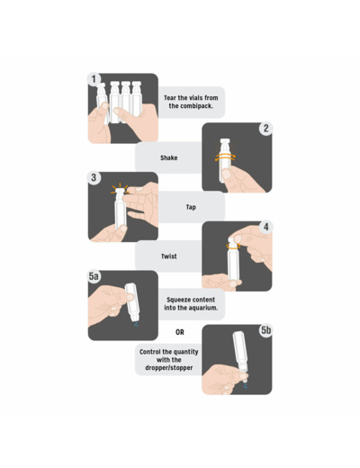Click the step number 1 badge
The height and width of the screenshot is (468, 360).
click(x=94, y=79)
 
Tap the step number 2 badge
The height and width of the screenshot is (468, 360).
click(x=265, y=129)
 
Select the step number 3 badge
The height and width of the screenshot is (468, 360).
click(x=94, y=177)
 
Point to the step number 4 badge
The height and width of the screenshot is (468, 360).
click(x=265, y=227)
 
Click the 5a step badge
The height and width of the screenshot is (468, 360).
click(x=94, y=276)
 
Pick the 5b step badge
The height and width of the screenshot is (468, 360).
click(x=265, y=330)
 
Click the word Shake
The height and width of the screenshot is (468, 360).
click(x=169, y=157)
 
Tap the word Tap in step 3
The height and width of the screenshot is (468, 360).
click(x=191, y=207)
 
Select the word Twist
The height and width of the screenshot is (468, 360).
click(x=169, y=256)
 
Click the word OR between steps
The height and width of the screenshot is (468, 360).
click(x=180, y=332)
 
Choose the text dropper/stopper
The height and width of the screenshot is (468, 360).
click(x=169, y=368)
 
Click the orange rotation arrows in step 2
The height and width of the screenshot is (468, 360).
click(x=225, y=157)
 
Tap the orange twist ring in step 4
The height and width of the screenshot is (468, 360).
click(x=233, y=246)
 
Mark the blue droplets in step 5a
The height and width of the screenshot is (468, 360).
click(x=136, y=324)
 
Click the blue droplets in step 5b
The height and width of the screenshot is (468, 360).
click(x=246, y=386)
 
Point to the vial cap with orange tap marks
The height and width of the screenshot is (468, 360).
click(x=120, y=191)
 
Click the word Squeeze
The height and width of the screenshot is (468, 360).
click(x=177, y=300)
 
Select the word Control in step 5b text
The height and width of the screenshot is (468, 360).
click(x=150, y=352)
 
